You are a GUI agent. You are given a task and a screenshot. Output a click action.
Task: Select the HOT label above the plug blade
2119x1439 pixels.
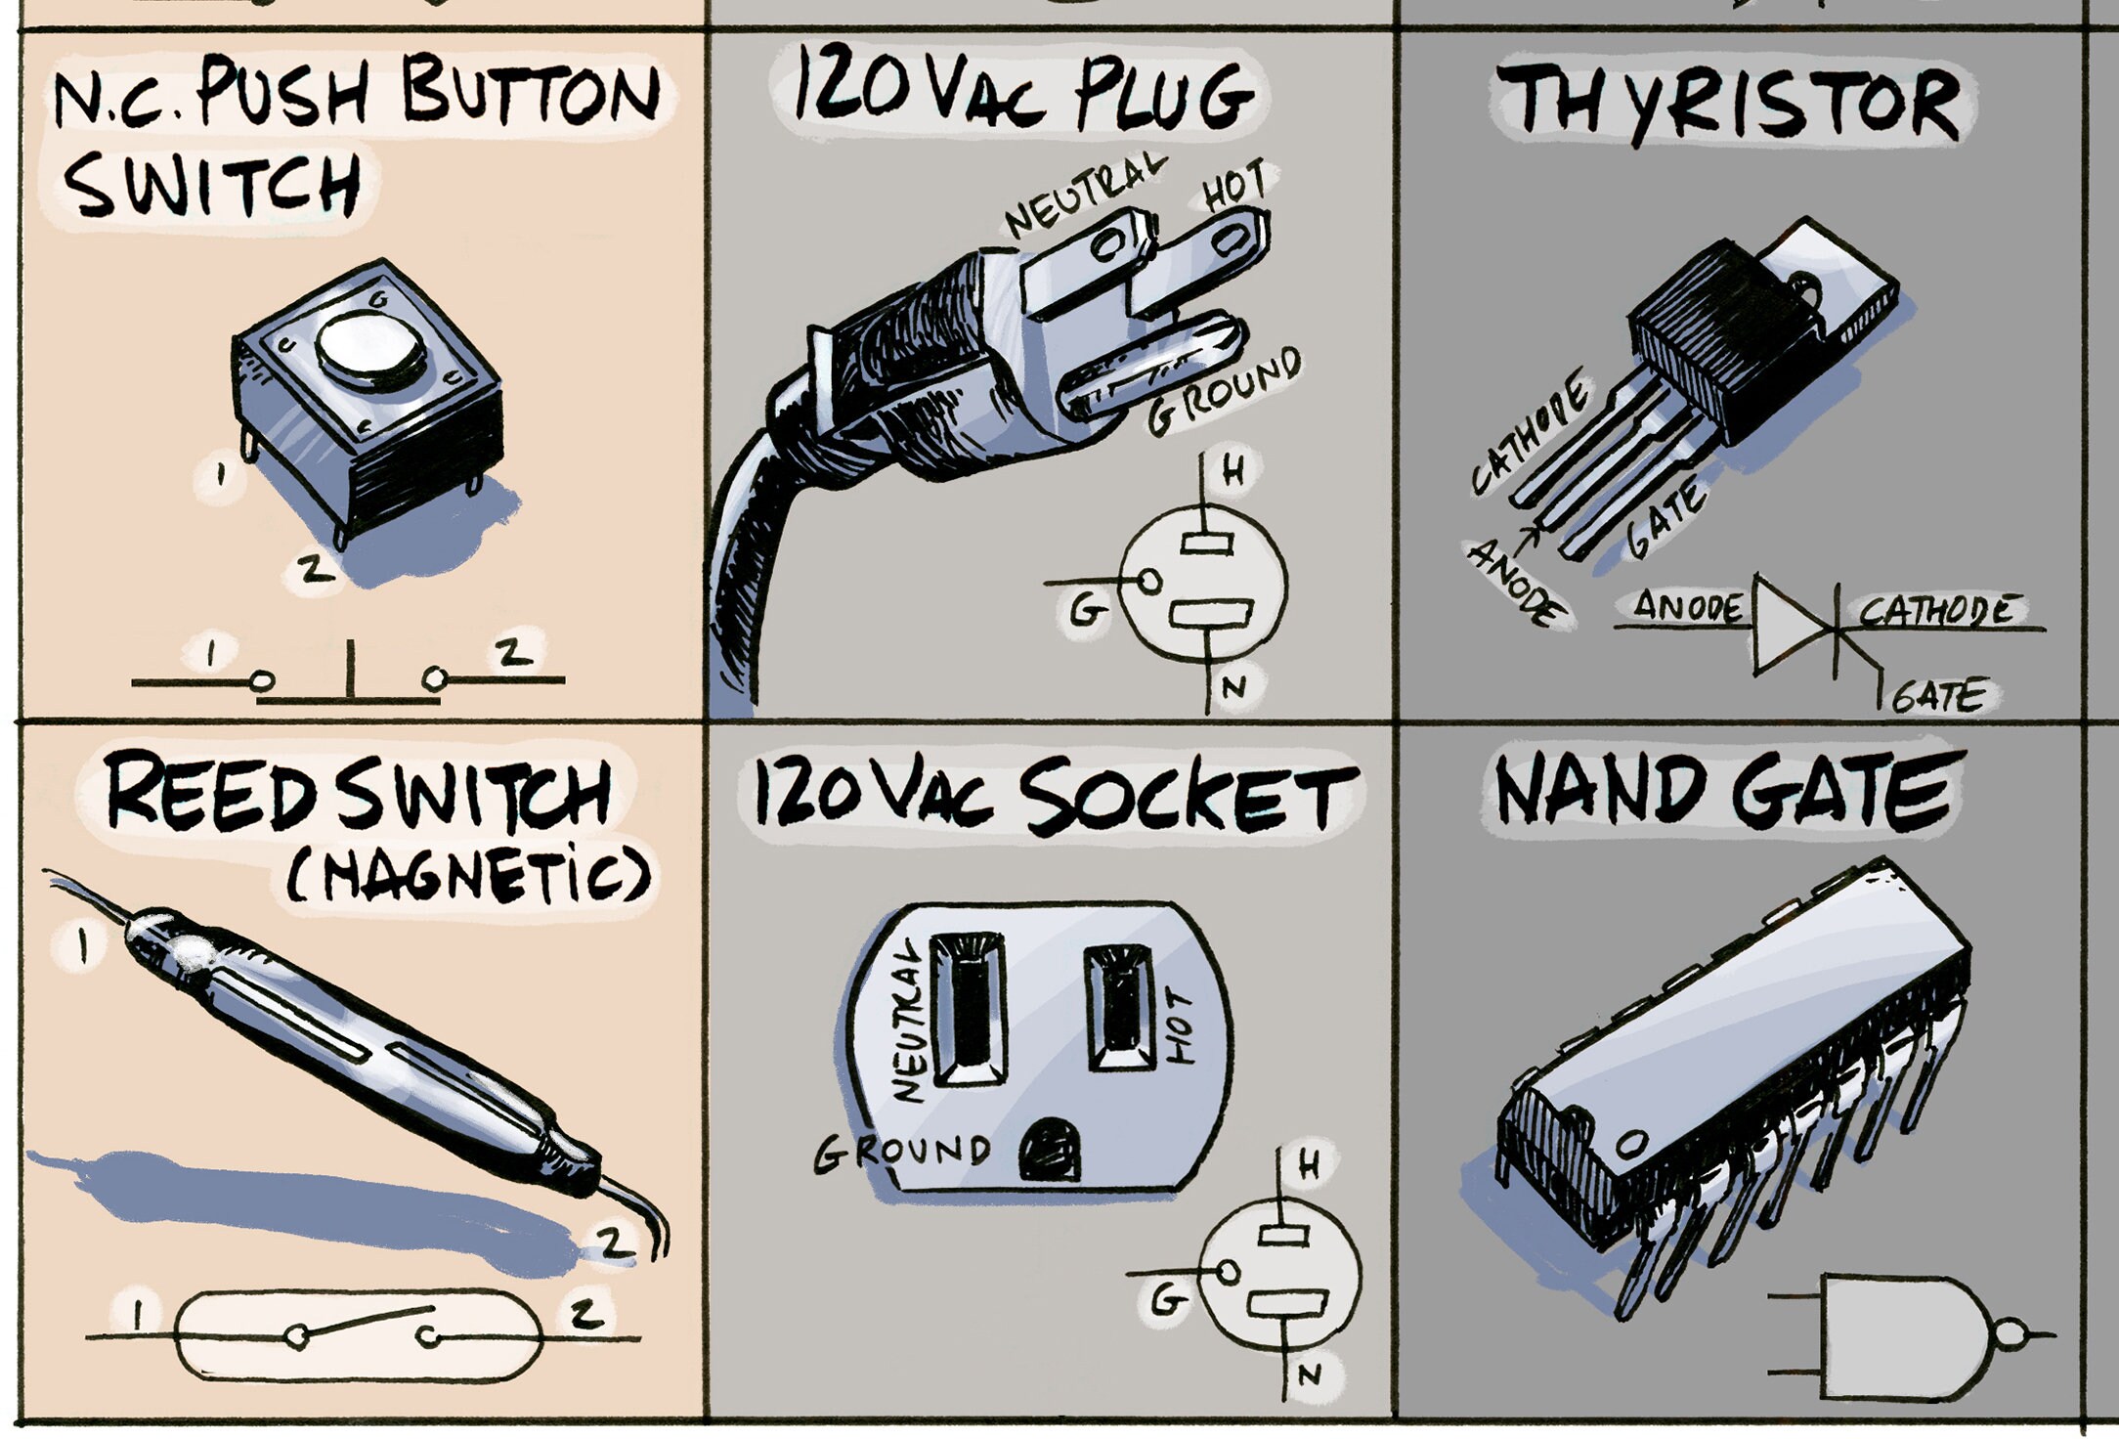[1235, 185]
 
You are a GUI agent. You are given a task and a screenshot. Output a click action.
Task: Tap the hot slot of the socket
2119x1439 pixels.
[1120, 1007]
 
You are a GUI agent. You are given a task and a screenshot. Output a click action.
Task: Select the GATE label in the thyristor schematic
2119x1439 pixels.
[1938, 697]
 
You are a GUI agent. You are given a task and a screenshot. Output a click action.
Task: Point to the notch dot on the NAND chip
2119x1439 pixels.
[1630, 1142]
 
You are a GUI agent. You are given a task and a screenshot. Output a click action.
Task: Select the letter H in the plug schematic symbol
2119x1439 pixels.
[1234, 472]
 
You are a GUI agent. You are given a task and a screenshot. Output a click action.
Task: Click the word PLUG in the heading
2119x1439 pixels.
[1162, 95]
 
